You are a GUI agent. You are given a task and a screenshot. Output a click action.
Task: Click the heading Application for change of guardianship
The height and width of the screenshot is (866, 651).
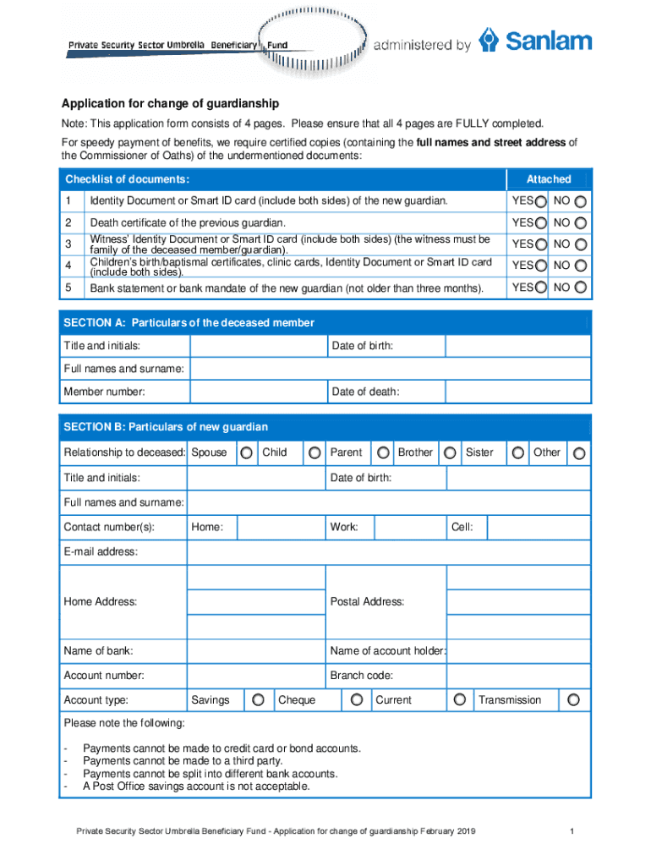(169, 104)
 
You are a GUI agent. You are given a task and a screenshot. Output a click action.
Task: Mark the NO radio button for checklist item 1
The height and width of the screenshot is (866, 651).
(582, 201)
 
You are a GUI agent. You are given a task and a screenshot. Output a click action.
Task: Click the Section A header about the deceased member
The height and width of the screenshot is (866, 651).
(189, 323)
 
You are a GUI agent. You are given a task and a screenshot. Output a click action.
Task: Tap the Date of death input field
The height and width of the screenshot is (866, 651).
(517, 392)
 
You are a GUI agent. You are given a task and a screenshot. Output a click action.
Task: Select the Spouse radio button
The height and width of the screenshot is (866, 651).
(246, 453)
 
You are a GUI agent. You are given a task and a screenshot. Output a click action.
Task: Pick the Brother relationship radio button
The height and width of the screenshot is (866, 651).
(451, 453)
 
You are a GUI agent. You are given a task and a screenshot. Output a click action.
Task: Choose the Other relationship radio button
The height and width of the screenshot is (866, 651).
(579, 453)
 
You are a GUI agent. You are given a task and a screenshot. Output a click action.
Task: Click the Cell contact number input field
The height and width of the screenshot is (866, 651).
(539, 528)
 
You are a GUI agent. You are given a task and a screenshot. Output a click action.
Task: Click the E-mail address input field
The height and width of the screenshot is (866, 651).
(388, 552)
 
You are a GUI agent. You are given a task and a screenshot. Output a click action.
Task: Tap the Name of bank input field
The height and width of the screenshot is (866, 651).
(256, 651)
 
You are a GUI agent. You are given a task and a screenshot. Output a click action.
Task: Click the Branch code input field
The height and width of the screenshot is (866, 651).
(517, 676)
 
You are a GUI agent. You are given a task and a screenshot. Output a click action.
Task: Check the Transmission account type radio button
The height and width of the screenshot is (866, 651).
(574, 700)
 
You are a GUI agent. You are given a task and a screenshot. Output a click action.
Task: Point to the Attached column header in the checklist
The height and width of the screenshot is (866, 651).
(548, 179)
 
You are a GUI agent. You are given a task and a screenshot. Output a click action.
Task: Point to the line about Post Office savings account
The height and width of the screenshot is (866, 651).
(196, 787)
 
